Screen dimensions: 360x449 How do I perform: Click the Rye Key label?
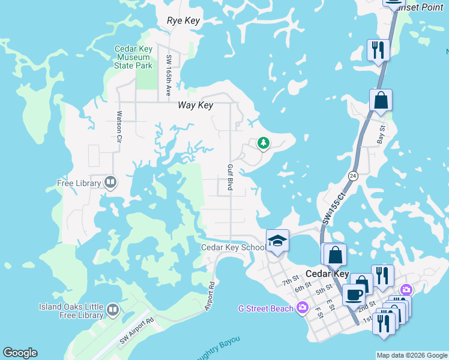[x=183, y=21]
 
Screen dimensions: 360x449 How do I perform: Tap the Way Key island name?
[x=196, y=105]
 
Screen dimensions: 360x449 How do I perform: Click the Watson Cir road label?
[x=119, y=122]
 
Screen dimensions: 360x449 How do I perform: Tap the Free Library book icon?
[x=110, y=182]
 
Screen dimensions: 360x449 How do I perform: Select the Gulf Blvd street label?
[x=229, y=178]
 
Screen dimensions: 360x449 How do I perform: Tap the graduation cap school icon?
[x=277, y=241]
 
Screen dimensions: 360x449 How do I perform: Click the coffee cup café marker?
[x=354, y=295]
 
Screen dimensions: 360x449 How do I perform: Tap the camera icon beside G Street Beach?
[x=302, y=308]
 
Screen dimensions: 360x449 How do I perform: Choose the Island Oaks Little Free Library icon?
[x=113, y=310]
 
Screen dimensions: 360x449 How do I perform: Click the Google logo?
[x=20, y=353]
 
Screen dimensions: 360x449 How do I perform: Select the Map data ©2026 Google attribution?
[x=411, y=355]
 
